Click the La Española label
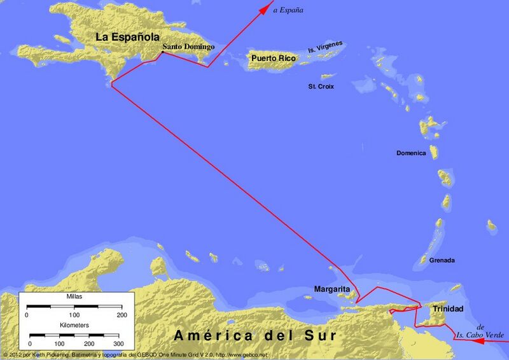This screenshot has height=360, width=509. pos(127,36)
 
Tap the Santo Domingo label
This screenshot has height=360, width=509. pos(188,47)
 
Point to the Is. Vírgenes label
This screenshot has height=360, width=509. pos(325,47)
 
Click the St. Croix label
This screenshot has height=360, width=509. pos(321,86)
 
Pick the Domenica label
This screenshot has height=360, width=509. pos(411,153)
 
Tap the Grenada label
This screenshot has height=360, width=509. pos(442,261)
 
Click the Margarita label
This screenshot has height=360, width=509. pos(332,289)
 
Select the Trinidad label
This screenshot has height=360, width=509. pos(448,309)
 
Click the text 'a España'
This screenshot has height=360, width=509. pos(288,10)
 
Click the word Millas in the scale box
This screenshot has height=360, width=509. pos(74,297)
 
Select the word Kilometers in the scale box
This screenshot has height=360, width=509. pos(74,325)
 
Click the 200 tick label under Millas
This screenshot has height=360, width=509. pos(122,315)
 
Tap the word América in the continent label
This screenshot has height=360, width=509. pos(211,335)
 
